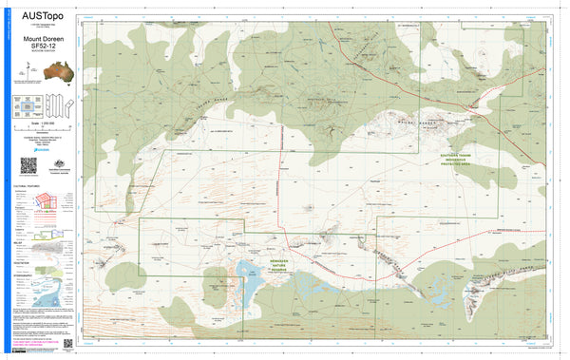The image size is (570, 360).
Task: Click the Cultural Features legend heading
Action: pos(26,187)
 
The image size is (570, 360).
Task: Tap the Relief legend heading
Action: pos(19,241)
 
